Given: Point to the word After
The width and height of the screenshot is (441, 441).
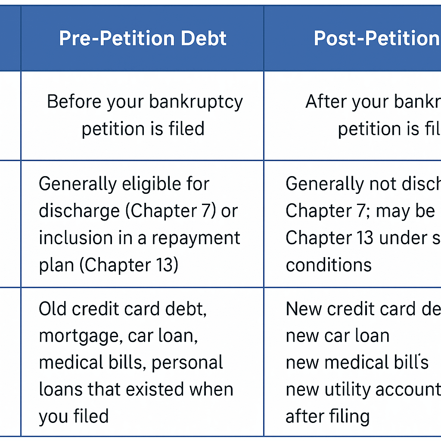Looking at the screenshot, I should (323, 102).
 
